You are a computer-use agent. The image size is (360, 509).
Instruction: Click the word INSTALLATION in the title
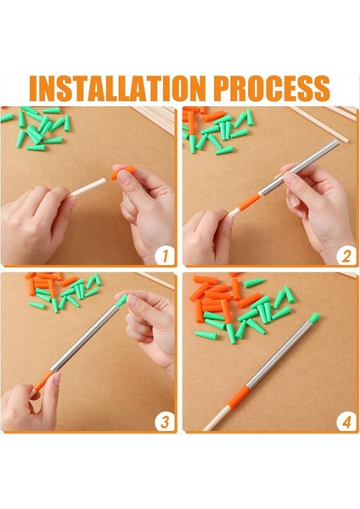point(118,88)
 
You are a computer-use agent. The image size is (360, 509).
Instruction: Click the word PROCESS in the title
point(273,88)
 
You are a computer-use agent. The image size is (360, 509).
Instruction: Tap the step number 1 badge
point(165,255)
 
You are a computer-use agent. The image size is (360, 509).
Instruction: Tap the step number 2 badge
point(346,255)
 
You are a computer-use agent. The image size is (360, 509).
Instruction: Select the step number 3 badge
point(165,422)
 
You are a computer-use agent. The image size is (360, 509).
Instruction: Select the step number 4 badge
point(346,422)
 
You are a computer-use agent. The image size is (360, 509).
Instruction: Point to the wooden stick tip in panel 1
point(104,180)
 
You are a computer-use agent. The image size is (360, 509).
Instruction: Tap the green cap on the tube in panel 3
point(121,300)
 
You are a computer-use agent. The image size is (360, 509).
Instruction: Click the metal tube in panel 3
point(85,338)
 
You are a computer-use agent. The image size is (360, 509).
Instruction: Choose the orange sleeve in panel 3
point(43,381)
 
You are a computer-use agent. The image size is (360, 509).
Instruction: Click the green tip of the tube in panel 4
point(314,318)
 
